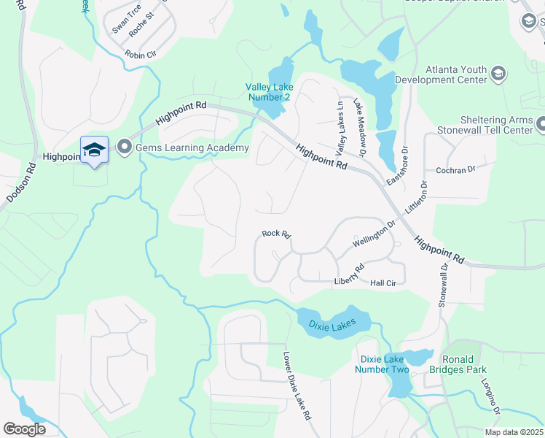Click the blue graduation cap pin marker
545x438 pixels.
tap(94, 150)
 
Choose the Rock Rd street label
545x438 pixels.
tap(277, 234)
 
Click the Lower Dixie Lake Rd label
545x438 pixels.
tap(297, 386)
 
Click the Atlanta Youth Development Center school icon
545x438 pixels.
tap(498, 74)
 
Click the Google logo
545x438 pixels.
tap(25, 429)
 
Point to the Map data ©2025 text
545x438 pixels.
tap(514, 432)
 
